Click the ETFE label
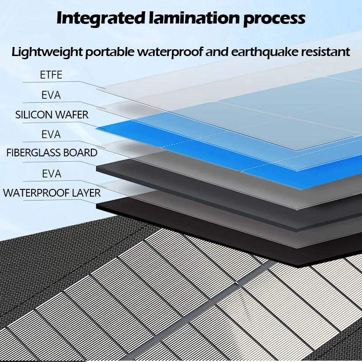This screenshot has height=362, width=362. [51, 75]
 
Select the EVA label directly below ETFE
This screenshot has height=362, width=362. [51, 95]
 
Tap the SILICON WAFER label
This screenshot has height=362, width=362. [52, 115]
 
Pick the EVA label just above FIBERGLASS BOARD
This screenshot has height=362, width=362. [51, 134]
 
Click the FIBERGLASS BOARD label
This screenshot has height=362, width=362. [52, 153]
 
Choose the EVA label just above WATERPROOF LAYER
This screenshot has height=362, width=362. [51, 174]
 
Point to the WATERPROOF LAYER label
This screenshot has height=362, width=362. [52, 193]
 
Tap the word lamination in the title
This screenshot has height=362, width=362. [195, 18]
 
